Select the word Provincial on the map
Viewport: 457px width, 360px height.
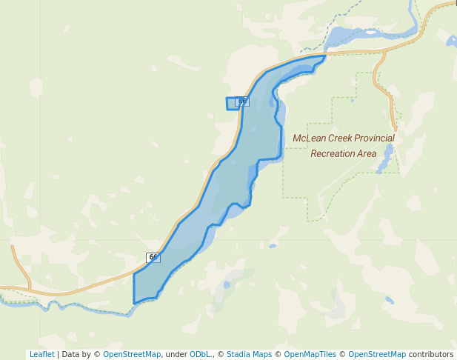(375, 138)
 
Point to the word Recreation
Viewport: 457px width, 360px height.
(336, 153)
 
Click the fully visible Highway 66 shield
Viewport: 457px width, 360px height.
(153, 257)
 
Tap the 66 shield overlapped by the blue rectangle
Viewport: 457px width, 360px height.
(242, 101)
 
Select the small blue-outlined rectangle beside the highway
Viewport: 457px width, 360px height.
(232, 104)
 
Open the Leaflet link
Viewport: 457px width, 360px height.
(41, 354)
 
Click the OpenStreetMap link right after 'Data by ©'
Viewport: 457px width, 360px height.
(131, 354)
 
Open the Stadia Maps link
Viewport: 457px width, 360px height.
(249, 354)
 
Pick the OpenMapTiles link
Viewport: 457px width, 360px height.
(310, 354)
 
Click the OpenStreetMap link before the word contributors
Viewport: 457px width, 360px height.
(377, 354)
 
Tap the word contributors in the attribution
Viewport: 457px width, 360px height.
(430, 354)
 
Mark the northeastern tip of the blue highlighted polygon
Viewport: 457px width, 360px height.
(325, 56)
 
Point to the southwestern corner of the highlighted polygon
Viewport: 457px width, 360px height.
(134, 302)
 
